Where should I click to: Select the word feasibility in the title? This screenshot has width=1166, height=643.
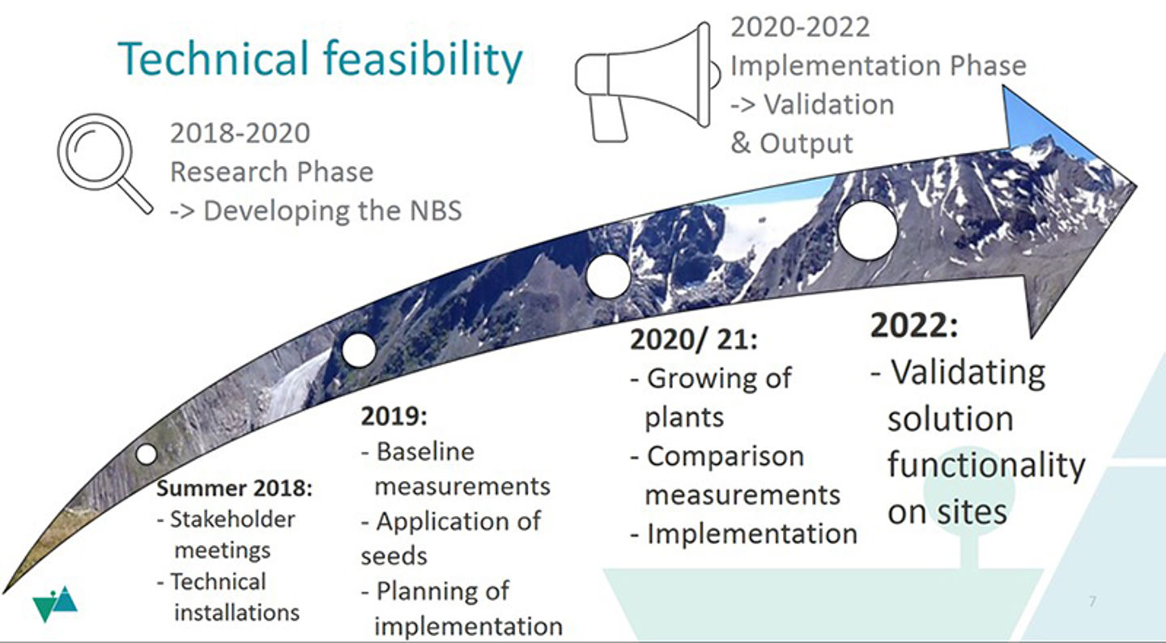click(x=423, y=61)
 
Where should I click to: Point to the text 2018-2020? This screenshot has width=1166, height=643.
click(x=240, y=133)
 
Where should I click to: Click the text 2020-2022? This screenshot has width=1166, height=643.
click(x=800, y=27)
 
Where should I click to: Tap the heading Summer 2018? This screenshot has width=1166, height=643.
click(x=234, y=488)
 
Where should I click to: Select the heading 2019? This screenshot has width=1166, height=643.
click(x=394, y=416)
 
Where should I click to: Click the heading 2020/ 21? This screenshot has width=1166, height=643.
click(x=694, y=339)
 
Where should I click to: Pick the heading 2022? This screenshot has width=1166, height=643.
click(x=914, y=326)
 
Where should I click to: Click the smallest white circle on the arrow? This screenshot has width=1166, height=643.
click(x=147, y=454)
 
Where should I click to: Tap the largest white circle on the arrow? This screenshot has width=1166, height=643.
click(x=868, y=230)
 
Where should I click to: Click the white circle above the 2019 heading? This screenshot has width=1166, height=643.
click(x=359, y=350)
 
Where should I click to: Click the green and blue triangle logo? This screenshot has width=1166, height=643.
click(x=55, y=604)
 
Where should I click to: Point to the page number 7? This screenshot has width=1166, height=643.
click(x=1092, y=602)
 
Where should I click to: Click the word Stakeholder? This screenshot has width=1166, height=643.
click(x=232, y=519)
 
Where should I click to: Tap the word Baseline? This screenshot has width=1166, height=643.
click(x=425, y=451)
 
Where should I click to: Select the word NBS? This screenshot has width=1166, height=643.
click(x=436, y=211)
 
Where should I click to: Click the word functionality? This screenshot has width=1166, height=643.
click(x=986, y=465)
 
